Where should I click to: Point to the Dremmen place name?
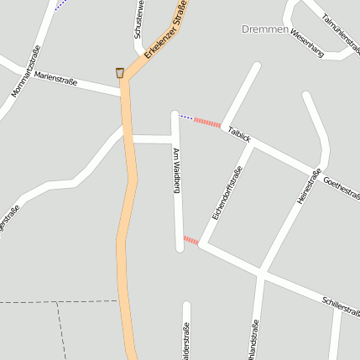click(x=264, y=29)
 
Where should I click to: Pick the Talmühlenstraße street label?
click(x=339, y=23)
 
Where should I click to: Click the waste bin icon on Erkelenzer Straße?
click(x=120, y=73)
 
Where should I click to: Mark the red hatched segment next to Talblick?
click(x=206, y=123)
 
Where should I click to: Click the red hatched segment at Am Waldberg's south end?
click(x=191, y=241)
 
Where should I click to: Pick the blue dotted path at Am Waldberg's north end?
click(x=185, y=116)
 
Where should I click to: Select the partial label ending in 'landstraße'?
click(x=253, y=339)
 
